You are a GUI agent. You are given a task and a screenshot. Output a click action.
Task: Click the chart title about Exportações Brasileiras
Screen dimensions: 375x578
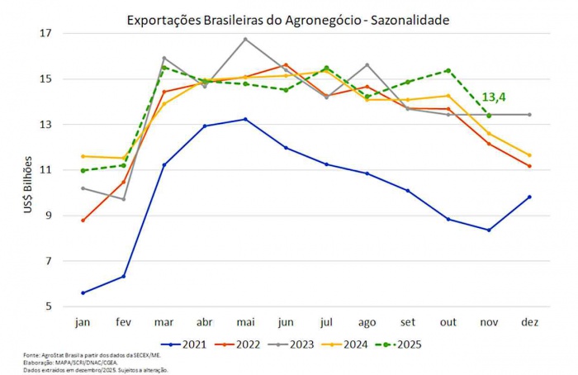coord(288,19)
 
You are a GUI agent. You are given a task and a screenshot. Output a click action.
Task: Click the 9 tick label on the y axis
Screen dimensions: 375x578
coord(47,216)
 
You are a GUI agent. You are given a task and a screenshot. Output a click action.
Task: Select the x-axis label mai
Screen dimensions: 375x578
coord(244,320)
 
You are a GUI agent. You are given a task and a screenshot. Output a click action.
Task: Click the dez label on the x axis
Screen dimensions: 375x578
coord(528,320)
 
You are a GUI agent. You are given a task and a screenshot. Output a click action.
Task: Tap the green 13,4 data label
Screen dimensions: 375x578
coord(493,97)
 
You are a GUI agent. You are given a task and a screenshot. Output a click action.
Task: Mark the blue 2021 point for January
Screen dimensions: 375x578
coord(83,292)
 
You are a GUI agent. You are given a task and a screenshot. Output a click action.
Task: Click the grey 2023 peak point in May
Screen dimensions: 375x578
coord(245,39)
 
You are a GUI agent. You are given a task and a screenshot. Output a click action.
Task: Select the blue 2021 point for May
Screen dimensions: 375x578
coord(245,119)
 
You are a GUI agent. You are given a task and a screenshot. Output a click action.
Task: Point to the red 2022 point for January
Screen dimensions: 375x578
coord(83,221)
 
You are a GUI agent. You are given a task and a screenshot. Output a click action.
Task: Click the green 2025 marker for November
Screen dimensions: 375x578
coord(489,116)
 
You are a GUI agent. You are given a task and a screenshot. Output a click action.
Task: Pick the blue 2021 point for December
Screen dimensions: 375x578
coord(529,197)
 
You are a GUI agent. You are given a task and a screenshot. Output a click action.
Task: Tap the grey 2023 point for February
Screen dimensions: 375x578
coord(123,199)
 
